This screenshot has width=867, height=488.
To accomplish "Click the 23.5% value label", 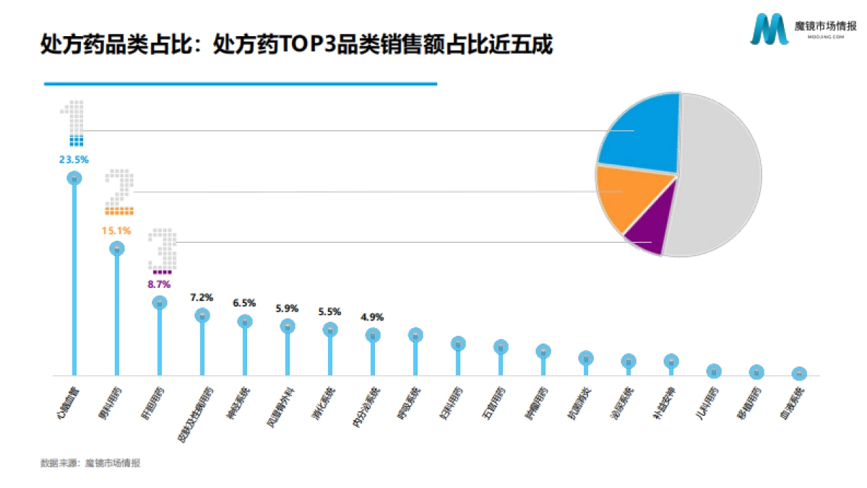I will pyautogui.click(x=74, y=160).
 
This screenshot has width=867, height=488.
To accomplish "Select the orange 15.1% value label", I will pyautogui.click(x=117, y=231).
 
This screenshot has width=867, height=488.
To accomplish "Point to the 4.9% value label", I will pyautogui.click(x=372, y=317).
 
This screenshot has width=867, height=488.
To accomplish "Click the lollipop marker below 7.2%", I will pyautogui.click(x=202, y=315).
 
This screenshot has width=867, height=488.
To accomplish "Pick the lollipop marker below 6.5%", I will pyautogui.click(x=245, y=322).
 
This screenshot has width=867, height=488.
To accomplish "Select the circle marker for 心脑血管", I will pyautogui.click(x=74, y=178).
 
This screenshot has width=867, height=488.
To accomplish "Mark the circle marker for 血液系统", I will pyautogui.click(x=798, y=374).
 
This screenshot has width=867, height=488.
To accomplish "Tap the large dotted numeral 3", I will pyautogui.click(x=165, y=249).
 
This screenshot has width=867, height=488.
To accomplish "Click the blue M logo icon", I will pyautogui.click(x=769, y=30).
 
